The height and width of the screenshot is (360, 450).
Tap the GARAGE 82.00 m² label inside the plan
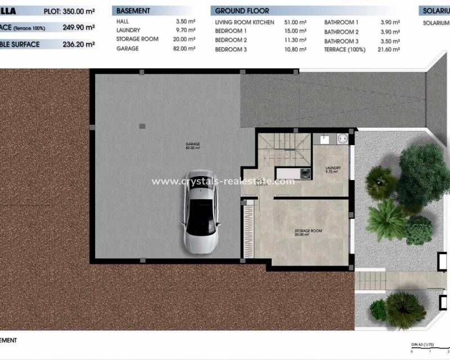point(193,146)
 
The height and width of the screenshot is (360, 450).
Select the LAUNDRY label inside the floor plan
point(331,169)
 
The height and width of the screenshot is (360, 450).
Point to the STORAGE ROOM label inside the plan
point(308,232)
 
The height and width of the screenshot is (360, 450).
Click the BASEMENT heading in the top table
point(133,11)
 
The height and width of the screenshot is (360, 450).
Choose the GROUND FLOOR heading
point(242,11)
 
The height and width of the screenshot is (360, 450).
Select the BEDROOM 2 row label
point(231,40)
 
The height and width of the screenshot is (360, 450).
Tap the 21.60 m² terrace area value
point(388,49)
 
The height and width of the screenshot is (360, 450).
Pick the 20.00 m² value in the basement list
point(184,39)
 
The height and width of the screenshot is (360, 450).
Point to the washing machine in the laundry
point(342,138)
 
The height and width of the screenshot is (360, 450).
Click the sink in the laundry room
point(325,137)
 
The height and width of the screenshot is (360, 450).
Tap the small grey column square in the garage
point(141,125)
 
